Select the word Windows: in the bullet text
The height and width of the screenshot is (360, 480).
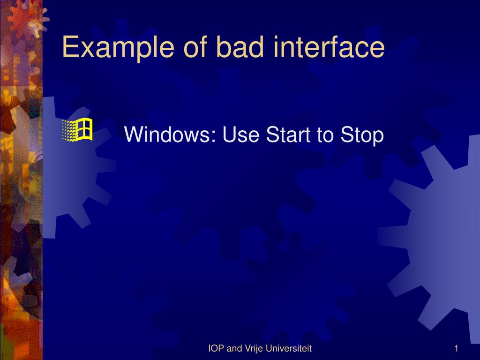click(x=170, y=135)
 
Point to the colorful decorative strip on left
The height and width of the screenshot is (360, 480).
click(x=21, y=187)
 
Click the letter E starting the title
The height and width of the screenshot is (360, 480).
click(x=69, y=47)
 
